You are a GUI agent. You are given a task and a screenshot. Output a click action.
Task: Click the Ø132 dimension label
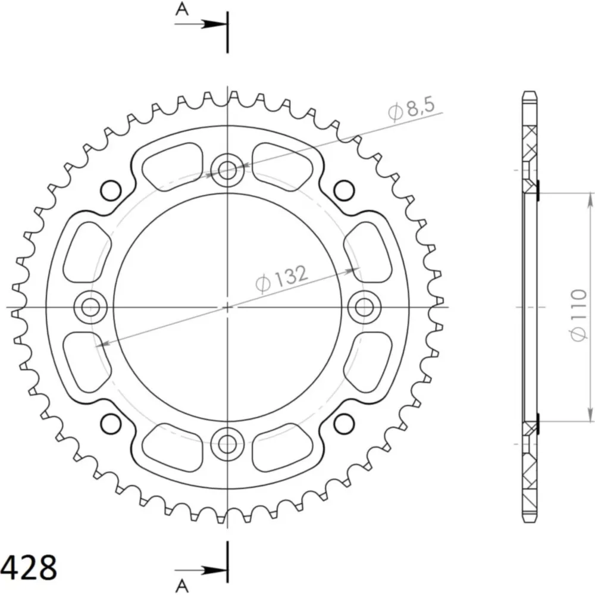[x=281, y=279]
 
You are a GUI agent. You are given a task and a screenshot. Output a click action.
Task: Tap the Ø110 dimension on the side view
[x=578, y=315]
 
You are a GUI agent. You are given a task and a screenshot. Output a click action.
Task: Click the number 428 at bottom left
[x=29, y=568]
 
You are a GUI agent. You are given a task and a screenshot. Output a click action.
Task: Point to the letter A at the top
[x=182, y=9]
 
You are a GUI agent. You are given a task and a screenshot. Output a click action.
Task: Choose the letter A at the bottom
[x=182, y=586]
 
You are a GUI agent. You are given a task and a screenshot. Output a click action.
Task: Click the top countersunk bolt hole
[x=227, y=170]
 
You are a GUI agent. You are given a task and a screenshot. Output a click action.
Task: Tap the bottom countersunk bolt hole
[x=227, y=443]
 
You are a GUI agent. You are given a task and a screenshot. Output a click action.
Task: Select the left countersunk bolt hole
[x=90, y=306]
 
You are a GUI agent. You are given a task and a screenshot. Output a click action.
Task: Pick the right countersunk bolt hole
[x=364, y=306]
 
